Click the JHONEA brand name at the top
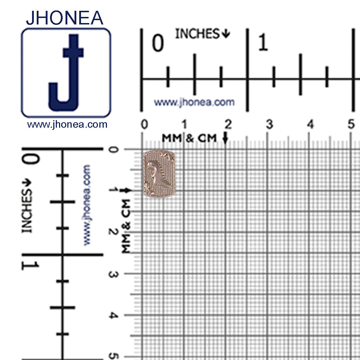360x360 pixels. pyautogui.click(x=64, y=18)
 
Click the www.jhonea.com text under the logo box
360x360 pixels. pyautogui.click(x=67, y=124)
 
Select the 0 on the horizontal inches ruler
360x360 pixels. pyautogui.click(x=158, y=43)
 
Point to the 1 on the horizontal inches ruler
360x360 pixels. pyautogui.click(x=263, y=42)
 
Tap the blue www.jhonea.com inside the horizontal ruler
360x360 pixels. pyautogui.click(x=194, y=102)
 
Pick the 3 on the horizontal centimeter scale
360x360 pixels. pyautogui.click(x=269, y=124)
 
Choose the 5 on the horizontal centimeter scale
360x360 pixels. pyautogui.click(x=351, y=124)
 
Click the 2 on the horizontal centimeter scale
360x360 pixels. pyautogui.click(x=228, y=124)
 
